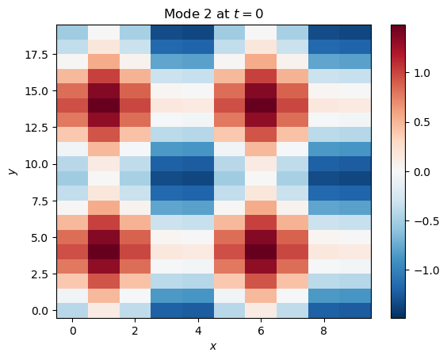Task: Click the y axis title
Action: coord(13,171)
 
